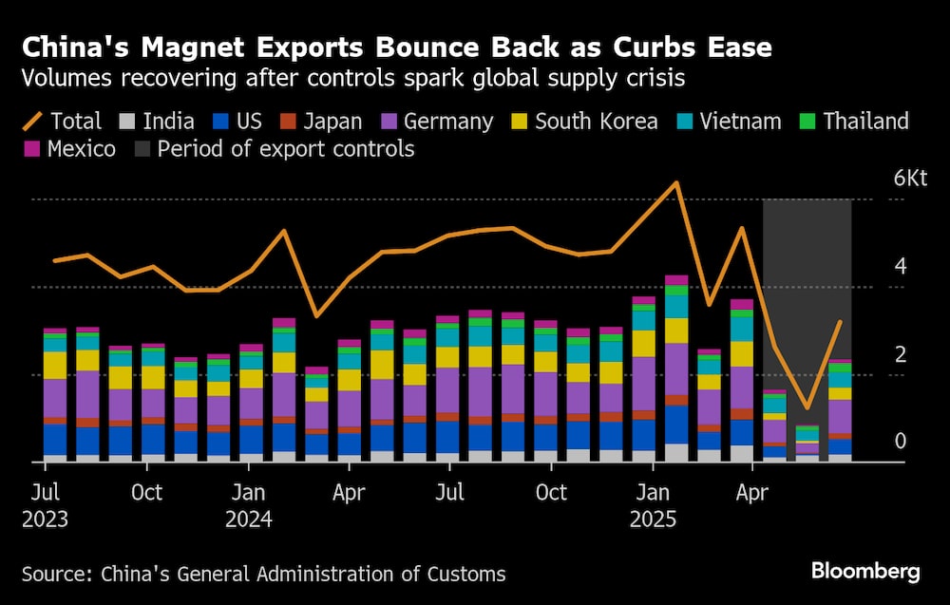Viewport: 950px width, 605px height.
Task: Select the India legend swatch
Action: click(126, 122)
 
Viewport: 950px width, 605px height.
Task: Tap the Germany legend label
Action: click(447, 122)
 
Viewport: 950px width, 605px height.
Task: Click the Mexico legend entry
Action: click(71, 150)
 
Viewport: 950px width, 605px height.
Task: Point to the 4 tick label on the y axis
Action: click(901, 267)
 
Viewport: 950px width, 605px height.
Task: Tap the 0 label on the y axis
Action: click(901, 443)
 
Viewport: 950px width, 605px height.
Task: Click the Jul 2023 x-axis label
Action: click(45, 505)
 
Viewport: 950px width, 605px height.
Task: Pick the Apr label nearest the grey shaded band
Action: click(752, 493)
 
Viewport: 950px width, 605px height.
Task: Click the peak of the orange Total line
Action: click(675, 182)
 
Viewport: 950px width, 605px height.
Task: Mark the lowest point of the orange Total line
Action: click(807, 407)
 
